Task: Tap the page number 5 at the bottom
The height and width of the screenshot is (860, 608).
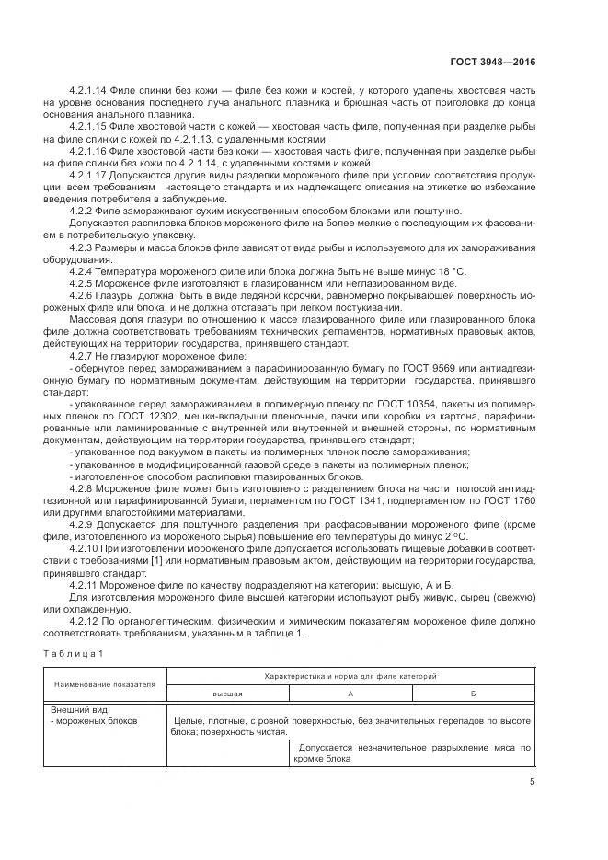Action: [533, 782]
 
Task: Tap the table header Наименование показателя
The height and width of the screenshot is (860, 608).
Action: [105, 684]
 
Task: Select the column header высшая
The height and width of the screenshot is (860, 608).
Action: [227, 694]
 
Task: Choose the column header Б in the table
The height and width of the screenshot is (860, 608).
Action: [473, 694]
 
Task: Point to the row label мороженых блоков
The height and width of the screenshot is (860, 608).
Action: [96, 721]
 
